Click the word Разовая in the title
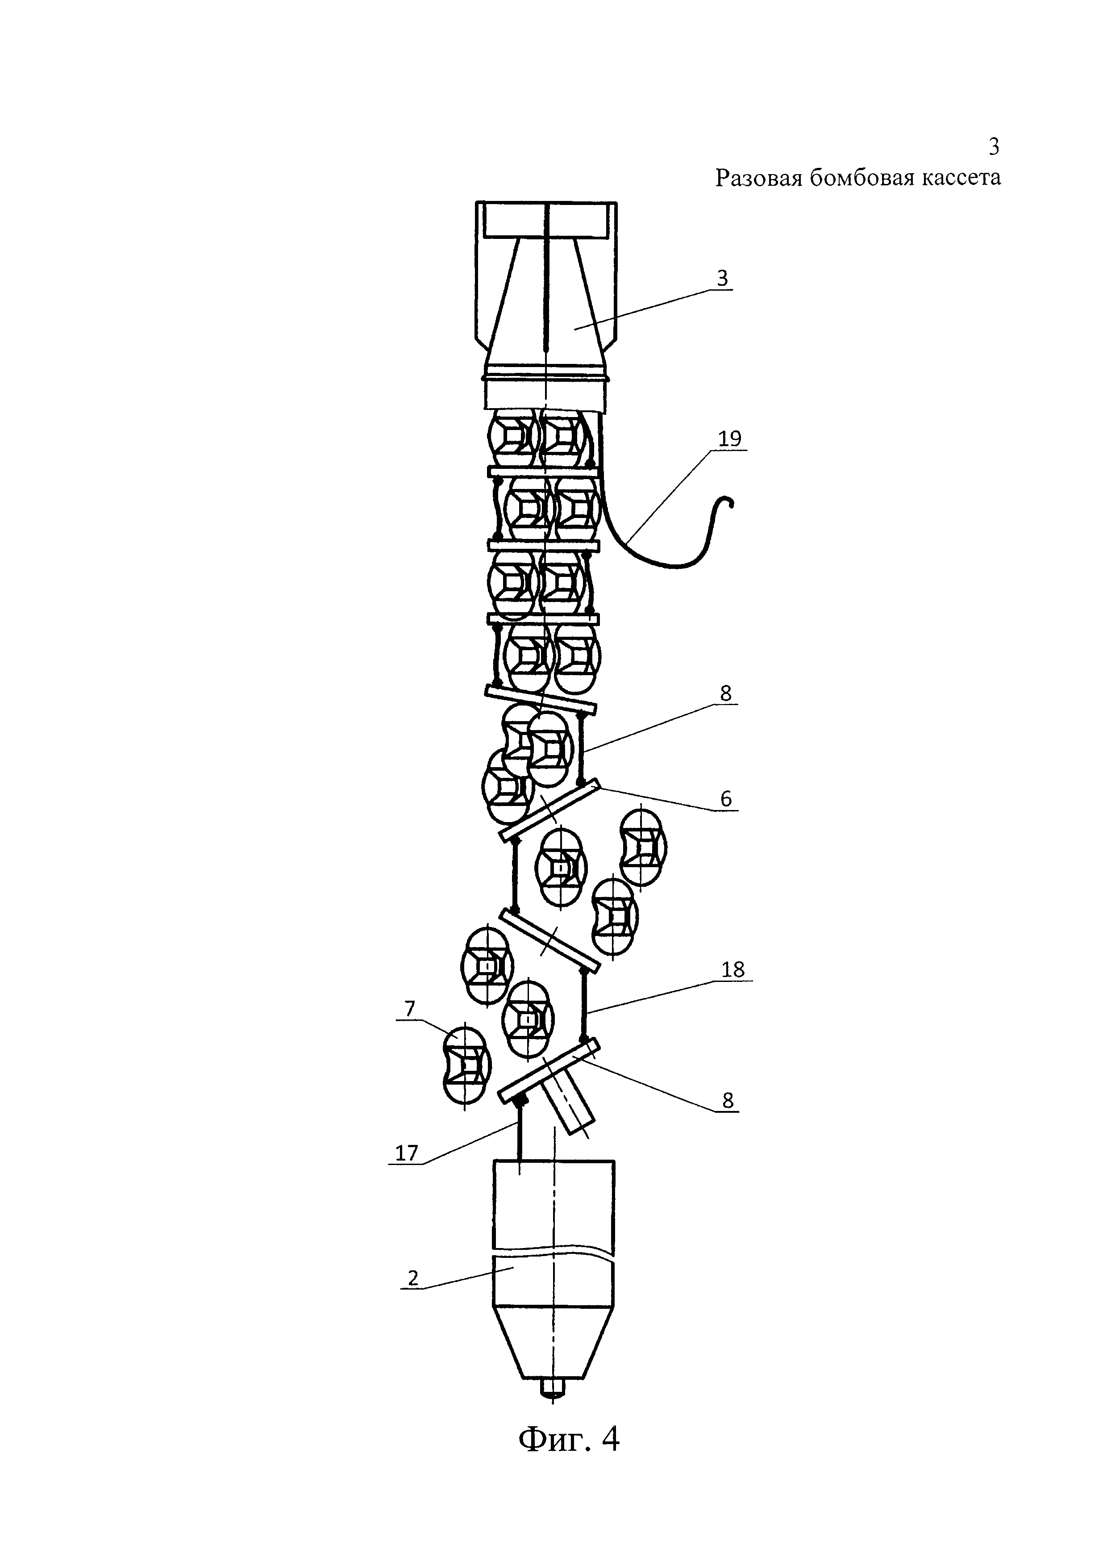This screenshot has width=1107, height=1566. pyautogui.click(x=758, y=178)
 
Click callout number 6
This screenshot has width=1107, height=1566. pyautogui.click(x=726, y=799)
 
